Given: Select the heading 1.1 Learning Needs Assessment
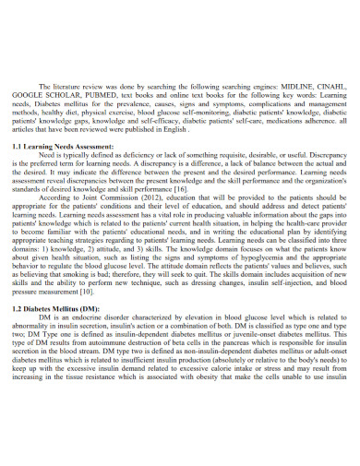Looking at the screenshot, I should tap(62, 147).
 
